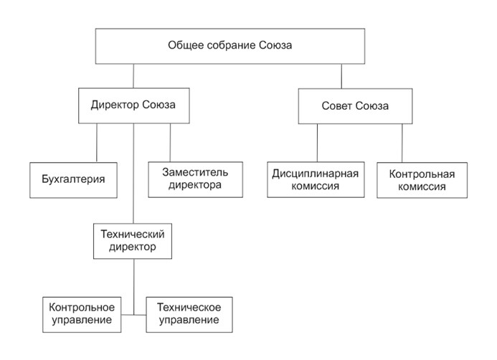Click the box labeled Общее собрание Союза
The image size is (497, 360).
point(230,47)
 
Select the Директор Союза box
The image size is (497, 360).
point(134,105)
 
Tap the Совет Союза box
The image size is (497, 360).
point(355,106)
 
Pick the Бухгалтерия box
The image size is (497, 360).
point(74,180)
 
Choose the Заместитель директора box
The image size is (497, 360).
point(196,180)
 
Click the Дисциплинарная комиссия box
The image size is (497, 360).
point(316,180)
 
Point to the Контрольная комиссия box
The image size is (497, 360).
point(422,180)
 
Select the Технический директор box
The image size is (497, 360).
point(133,241)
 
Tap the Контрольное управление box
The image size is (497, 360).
point(82,315)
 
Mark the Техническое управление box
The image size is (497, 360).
point(189,315)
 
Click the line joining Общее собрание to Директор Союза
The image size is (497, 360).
point(133,76)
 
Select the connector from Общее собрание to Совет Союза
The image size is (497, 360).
point(341,76)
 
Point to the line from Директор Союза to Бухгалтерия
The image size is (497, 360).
point(97,143)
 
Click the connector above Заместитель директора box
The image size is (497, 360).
point(170,143)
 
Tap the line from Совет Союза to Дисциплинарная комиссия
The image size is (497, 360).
point(317,143)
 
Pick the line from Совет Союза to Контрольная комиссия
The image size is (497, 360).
point(402,143)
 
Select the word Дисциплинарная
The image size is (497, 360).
point(316,174)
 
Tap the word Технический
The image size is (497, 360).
point(133,235)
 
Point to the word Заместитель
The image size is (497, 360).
point(195,172)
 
